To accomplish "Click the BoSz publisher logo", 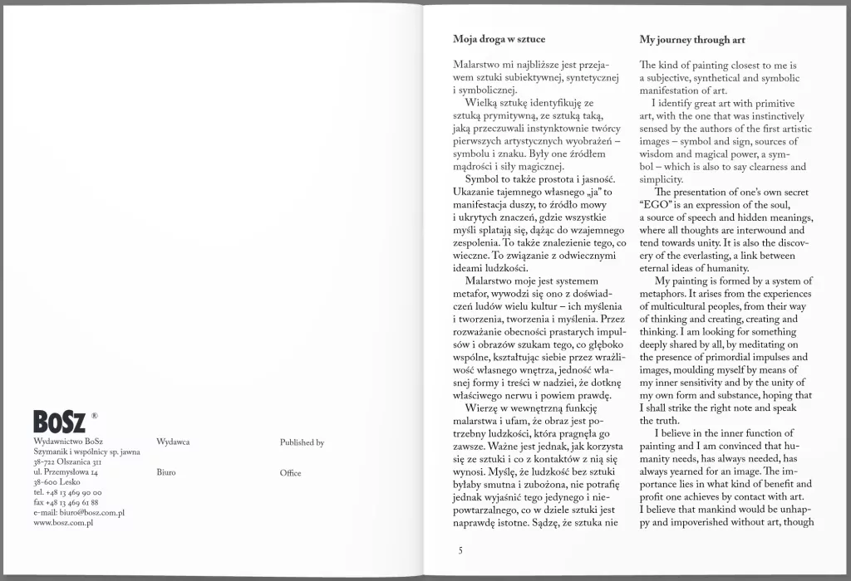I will click(x=59, y=421).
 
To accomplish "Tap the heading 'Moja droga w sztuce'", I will click(x=499, y=39).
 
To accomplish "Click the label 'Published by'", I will click(x=303, y=443).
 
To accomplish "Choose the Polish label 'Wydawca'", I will click(x=172, y=443).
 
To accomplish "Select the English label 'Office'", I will click(x=291, y=473).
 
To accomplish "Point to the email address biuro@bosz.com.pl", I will click(x=80, y=513).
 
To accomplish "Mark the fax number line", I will click(x=66, y=503).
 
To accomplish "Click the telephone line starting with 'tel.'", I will click(x=66, y=493).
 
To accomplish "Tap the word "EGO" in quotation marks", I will click(x=655, y=204).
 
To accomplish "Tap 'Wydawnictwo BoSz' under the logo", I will click(x=69, y=443).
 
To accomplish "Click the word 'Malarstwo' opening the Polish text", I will click(x=477, y=65).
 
